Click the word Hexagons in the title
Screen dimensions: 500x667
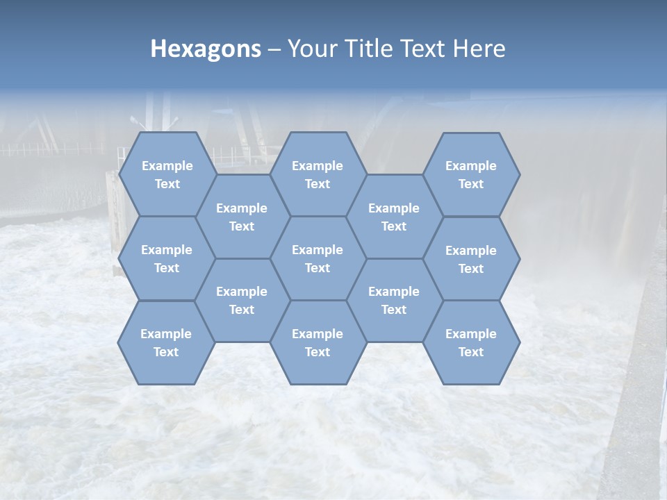206,49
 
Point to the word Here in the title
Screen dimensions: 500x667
479,49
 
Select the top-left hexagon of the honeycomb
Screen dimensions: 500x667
167,174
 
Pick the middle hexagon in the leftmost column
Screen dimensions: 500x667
167,258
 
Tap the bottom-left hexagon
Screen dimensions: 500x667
166,342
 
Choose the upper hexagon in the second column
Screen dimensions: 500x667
242,217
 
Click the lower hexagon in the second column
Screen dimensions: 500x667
242,300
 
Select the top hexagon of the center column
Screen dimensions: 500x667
318,174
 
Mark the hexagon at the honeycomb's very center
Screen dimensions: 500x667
318,258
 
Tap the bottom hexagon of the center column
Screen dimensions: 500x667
318,342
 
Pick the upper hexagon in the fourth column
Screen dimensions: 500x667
394,217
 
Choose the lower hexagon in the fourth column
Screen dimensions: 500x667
394,300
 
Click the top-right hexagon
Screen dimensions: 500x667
471,174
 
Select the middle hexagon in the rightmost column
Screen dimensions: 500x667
471,259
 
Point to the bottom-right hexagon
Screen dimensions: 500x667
471,342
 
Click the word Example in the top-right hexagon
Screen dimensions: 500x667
471,166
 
